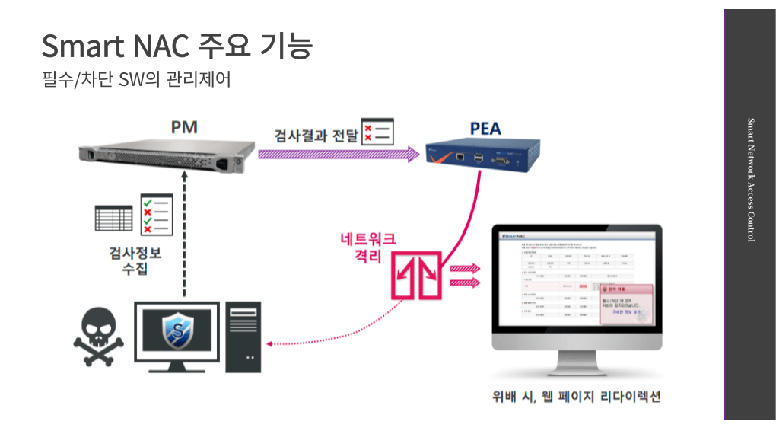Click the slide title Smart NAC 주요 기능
tap(177, 46)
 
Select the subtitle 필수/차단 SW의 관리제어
tap(136, 79)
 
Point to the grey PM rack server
tap(164, 155)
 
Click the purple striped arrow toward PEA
tap(339, 155)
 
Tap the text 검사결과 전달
tap(316, 136)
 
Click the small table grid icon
tap(113, 217)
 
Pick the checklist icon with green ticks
tap(157, 214)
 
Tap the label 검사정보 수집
tap(136, 261)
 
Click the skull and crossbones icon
tap(93, 337)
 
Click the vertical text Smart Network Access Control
tap(750, 180)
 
